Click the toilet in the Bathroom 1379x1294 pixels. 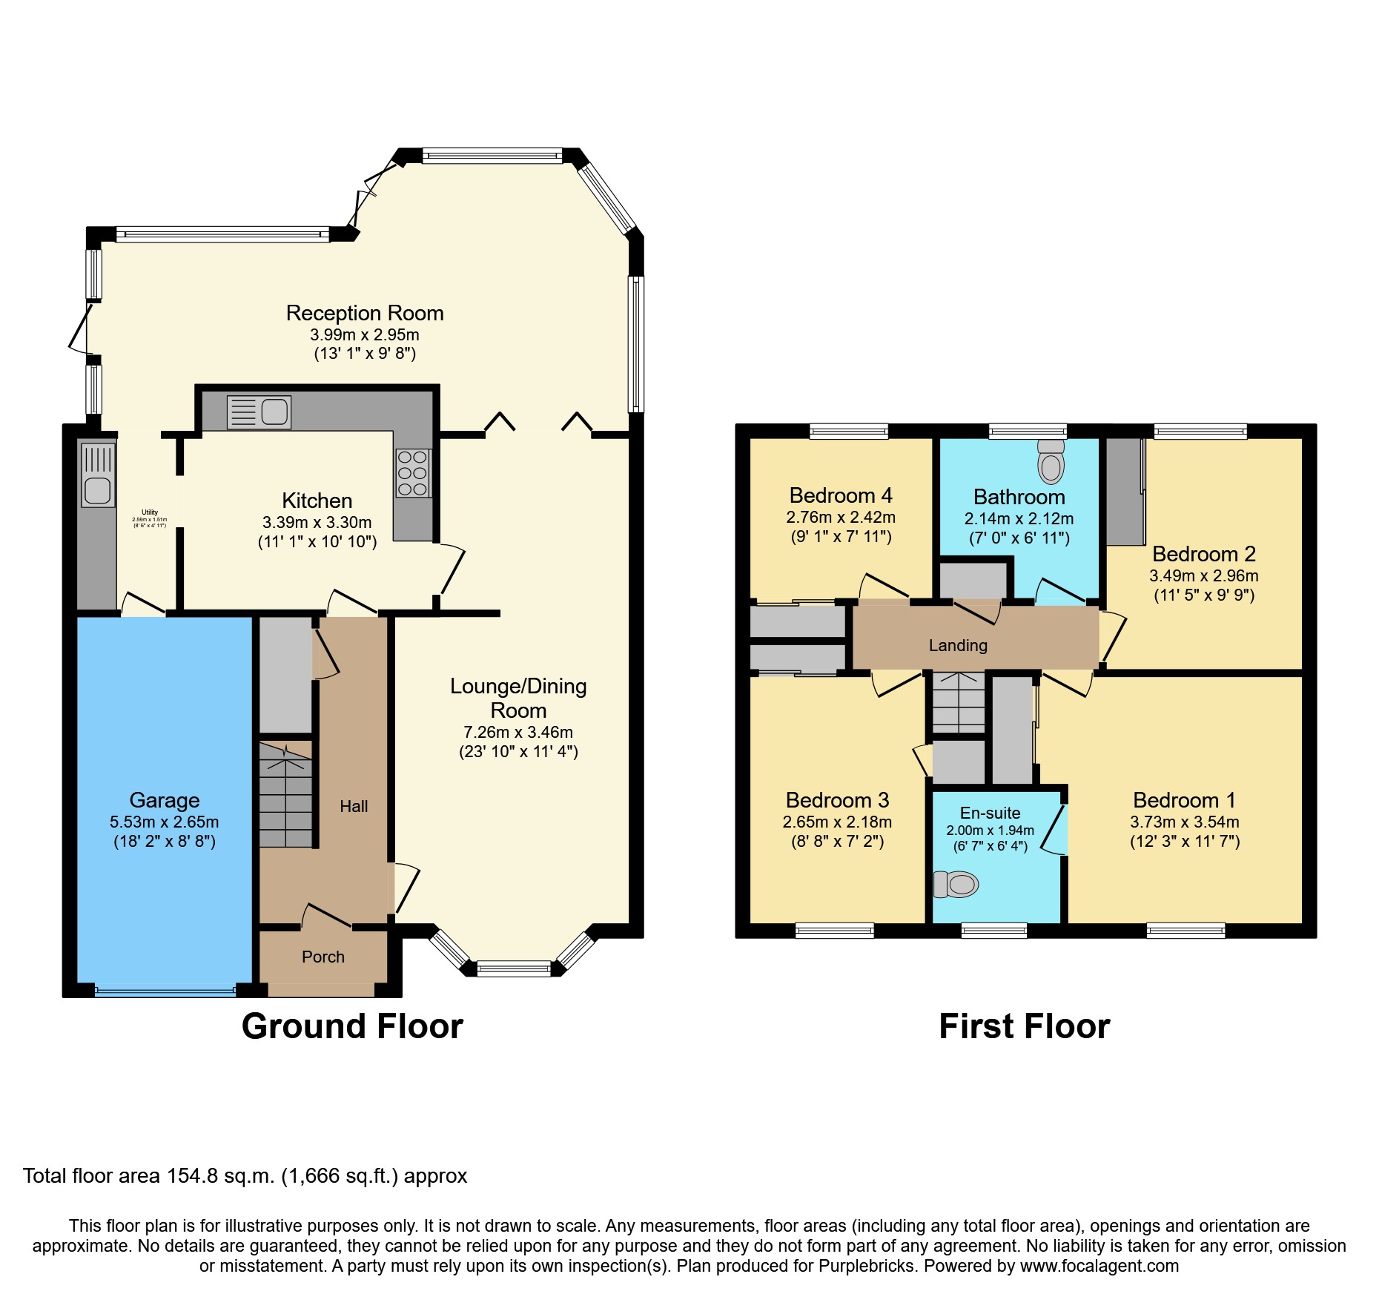click(1051, 463)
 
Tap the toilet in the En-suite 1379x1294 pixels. click(957, 884)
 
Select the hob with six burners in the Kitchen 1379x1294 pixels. click(413, 472)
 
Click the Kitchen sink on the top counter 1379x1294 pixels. click(259, 412)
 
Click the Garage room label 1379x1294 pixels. click(164, 800)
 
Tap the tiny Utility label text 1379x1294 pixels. click(150, 512)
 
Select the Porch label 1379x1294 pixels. click(323, 957)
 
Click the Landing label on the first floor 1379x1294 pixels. click(958, 645)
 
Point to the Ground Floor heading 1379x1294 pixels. click(352, 1026)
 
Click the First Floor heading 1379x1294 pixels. click(1024, 1026)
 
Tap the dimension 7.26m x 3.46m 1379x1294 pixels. click(518, 732)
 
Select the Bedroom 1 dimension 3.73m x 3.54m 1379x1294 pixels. click(1184, 822)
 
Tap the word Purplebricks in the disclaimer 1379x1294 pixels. click(867, 1266)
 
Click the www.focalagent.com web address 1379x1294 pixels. click(1099, 1266)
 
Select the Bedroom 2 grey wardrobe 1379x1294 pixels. click(1125, 491)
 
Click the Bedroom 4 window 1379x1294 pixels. click(848, 431)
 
